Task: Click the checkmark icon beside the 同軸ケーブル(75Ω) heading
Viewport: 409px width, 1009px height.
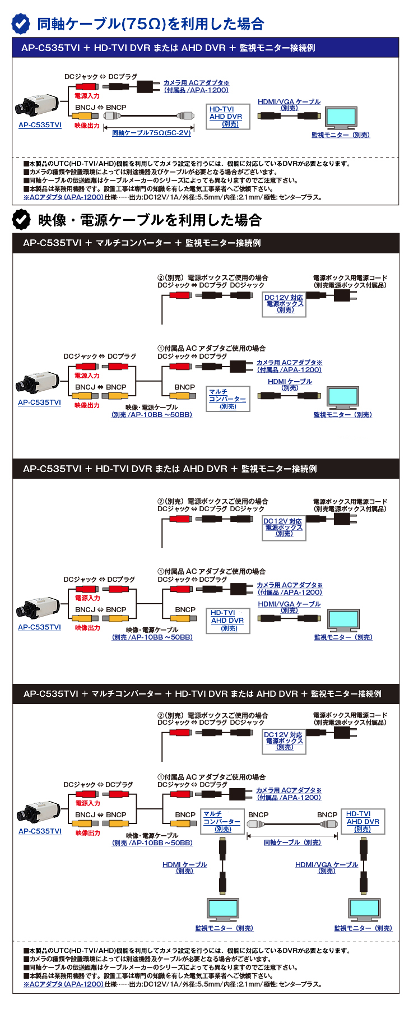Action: [x=21, y=24]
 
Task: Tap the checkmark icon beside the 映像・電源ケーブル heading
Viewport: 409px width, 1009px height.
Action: [x=21, y=219]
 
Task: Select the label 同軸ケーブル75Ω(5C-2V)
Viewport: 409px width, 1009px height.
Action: [x=151, y=133]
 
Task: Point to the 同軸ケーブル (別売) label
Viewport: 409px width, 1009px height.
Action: [x=292, y=843]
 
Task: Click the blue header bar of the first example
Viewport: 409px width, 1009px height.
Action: [x=206, y=48]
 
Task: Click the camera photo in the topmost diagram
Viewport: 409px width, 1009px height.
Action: [x=38, y=105]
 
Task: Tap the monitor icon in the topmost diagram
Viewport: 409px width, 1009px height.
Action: [x=341, y=118]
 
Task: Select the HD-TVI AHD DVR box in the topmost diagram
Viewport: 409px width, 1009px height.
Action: [x=227, y=117]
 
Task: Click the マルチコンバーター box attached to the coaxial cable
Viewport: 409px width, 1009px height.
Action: [x=222, y=821]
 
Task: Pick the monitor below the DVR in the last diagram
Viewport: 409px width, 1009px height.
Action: [x=364, y=909]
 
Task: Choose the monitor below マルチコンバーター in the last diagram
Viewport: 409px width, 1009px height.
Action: [x=222, y=909]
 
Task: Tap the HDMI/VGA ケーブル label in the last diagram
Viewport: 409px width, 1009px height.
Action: [x=327, y=867]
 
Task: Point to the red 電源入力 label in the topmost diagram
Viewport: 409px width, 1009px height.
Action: [x=87, y=96]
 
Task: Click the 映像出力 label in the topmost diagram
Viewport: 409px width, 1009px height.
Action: [x=87, y=126]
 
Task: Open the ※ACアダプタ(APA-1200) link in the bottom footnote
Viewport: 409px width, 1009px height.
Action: [x=63, y=984]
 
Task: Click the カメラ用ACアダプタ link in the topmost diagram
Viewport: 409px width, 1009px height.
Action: [x=196, y=86]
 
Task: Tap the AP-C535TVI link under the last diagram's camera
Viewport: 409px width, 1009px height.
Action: [x=40, y=831]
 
